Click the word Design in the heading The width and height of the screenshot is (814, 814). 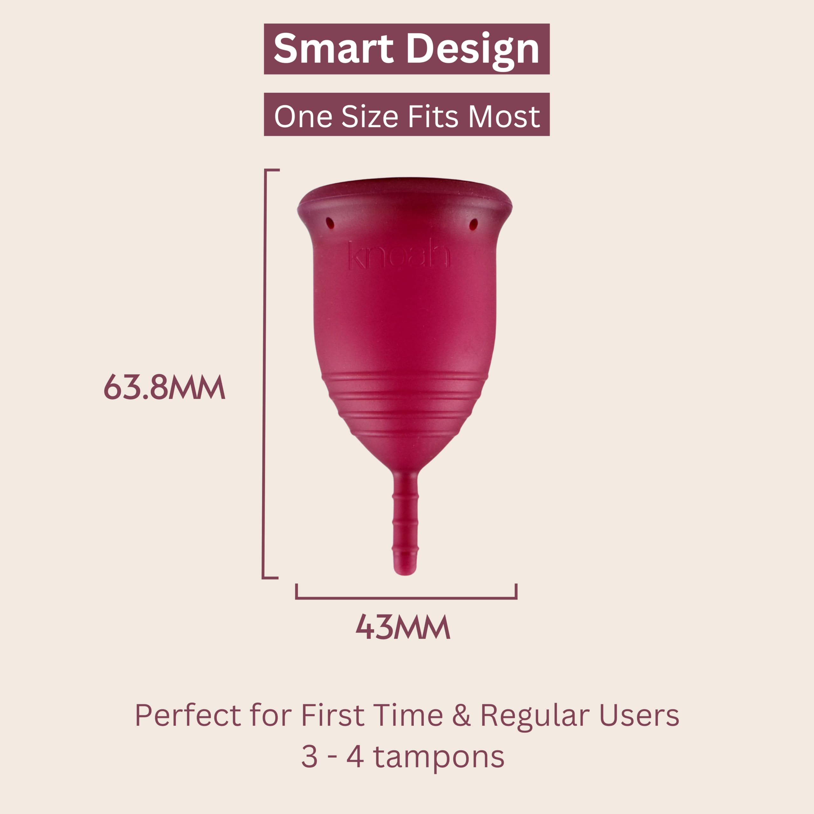pyautogui.click(x=472, y=52)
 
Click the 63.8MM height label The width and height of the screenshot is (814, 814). pyautogui.click(x=164, y=386)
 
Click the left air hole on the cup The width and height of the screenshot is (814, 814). pyautogui.click(x=330, y=223)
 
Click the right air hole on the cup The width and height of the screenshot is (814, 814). pyautogui.click(x=473, y=224)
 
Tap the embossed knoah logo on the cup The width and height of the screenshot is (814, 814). pyautogui.click(x=399, y=254)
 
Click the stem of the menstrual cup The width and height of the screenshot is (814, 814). pyautogui.click(x=405, y=523)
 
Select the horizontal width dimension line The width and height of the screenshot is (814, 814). pyautogui.click(x=406, y=597)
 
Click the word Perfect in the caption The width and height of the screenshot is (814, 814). pyautogui.click(x=188, y=715)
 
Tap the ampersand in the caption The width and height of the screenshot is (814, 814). pyautogui.click(x=461, y=715)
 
